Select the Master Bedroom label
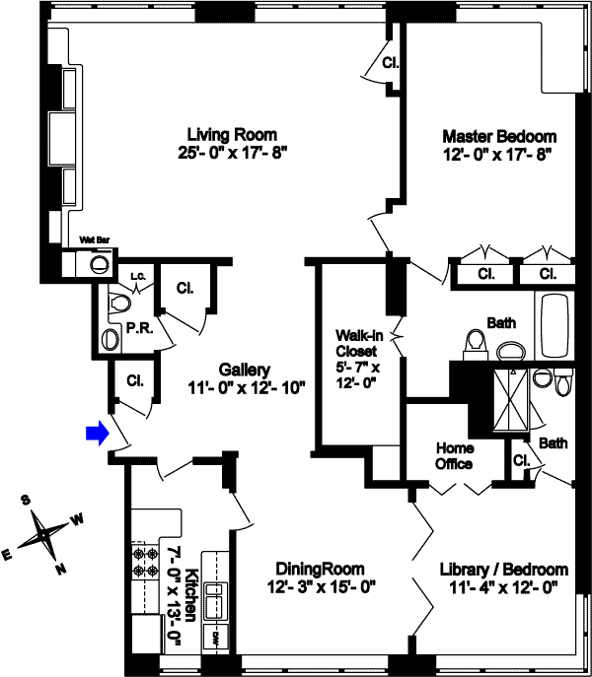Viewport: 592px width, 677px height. pos(498,136)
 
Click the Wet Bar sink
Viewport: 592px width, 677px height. pos(98,264)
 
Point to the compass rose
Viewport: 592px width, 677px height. pos(43,537)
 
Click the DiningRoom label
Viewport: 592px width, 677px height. pos(320,569)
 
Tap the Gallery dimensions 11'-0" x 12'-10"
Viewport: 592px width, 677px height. pos(246,388)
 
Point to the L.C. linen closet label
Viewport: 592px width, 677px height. pos(138,277)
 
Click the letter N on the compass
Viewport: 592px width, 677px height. pos(60,567)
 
